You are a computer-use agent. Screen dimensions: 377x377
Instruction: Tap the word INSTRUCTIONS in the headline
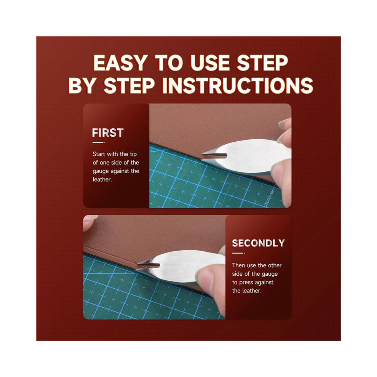(238, 85)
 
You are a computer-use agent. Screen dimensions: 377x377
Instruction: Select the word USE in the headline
(210, 63)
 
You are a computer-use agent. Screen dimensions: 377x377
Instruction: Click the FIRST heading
(108, 133)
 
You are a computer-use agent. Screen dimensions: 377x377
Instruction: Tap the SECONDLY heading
(259, 243)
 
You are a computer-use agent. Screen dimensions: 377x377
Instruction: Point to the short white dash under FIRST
(99, 142)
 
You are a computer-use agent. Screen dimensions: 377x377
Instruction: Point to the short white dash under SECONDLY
(238, 253)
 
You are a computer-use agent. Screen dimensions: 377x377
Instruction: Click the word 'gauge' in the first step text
(101, 171)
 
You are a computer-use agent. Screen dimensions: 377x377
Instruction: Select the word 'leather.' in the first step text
(102, 179)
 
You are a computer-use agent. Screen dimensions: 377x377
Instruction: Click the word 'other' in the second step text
(275, 265)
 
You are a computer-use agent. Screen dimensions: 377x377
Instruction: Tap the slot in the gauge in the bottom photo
(149, 265)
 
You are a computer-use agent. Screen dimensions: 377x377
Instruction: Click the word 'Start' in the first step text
(99, 154)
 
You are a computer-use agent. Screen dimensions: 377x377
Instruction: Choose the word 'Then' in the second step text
(238, 265)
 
